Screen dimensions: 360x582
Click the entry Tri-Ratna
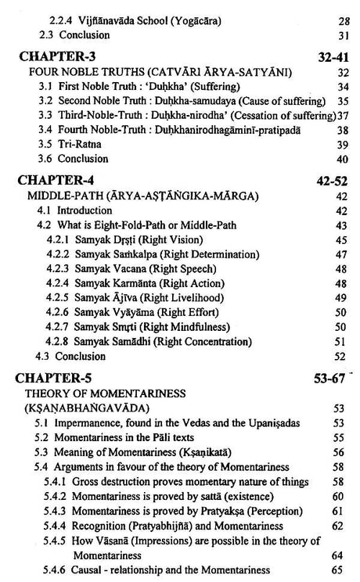[x=79, y=145]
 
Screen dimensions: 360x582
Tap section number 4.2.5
[x=59, y=297]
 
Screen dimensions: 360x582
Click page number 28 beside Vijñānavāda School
[x=342, y=21]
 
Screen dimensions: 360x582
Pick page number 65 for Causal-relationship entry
[x=339, y=570]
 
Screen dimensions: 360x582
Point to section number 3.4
[x=46, y=130]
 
